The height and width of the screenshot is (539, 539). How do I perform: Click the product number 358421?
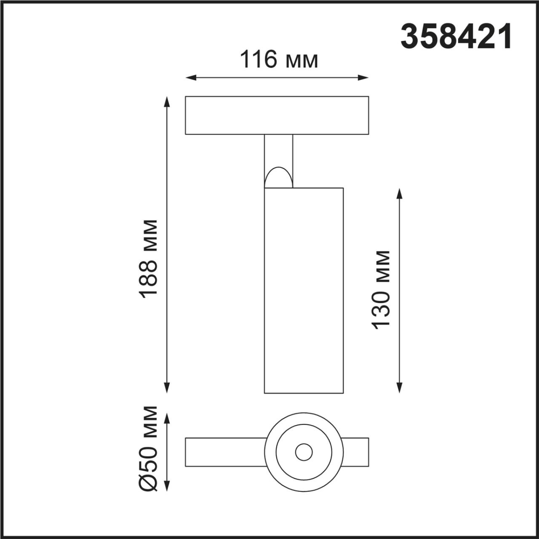(456, 37)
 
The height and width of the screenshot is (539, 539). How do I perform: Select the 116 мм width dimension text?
(278, 60)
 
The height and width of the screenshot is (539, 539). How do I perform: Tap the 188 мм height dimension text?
(149, 259)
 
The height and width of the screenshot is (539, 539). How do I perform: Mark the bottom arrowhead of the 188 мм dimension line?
(167, 388)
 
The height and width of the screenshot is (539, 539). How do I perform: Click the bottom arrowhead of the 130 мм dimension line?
(400, 388)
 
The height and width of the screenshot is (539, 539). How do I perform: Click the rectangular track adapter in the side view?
(277, 115)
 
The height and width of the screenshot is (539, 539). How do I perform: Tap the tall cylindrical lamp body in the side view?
(303, 291)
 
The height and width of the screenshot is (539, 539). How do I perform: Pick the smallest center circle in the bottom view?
(304, 452)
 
